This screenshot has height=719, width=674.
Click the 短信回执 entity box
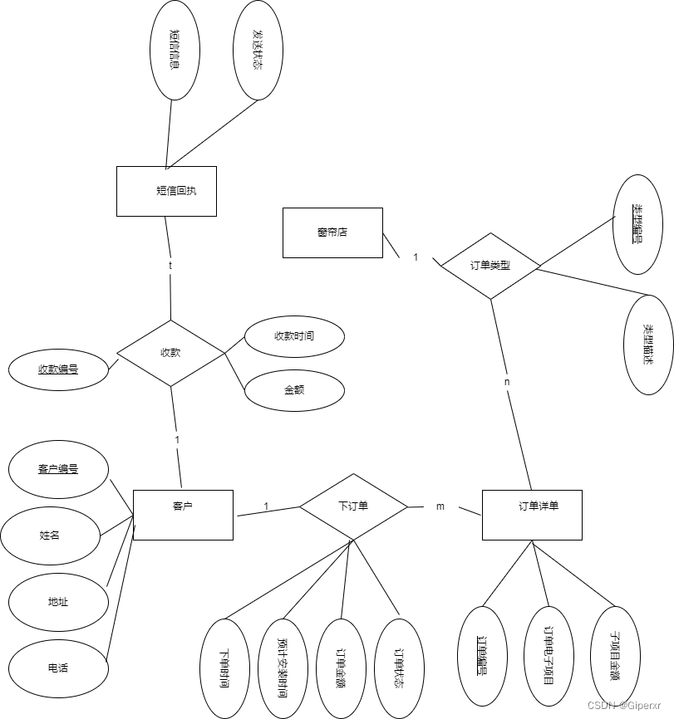tap(166, 191)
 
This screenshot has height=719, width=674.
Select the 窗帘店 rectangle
tap(332, 232)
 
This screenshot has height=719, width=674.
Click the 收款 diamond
tap(170, 353)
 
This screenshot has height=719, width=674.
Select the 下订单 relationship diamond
tap(353, 506)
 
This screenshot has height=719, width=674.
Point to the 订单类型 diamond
tap(490, 267)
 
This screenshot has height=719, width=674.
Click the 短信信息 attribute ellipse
tap(175, 50)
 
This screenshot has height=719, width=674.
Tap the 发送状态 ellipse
tap(258, 50)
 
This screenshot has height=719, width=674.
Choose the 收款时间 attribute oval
tap(293, 336)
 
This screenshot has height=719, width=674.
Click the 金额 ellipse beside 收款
tap(293, 389)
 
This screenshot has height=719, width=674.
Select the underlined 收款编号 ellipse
tap(58, 369)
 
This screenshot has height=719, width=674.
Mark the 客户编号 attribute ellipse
tap(58, 470)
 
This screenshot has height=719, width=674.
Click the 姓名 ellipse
tap(50, 536)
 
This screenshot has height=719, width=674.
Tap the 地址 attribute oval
tap(58, 601)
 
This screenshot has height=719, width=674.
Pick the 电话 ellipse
tap(58, 668)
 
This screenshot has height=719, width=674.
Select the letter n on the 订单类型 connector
tap(507, 382)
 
